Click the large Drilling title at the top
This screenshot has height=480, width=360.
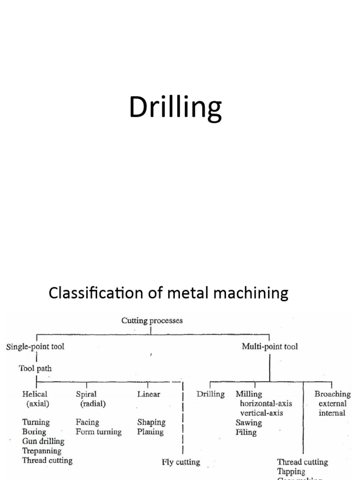(175, 108)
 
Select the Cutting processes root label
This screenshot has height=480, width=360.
(152, 321)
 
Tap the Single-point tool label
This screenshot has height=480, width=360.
(35, 347)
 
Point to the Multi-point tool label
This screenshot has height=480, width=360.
(269, 347)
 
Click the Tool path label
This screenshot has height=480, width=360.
(35, 368)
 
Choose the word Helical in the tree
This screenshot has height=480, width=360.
(34, 394)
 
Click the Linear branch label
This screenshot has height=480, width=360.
(148, 394)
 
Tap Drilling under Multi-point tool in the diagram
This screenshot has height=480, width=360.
(210, 394)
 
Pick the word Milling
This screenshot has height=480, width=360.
(249, 394)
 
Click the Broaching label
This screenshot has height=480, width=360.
(332, 394)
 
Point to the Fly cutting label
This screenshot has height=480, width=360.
(180, 462)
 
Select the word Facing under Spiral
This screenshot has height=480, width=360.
(87, 422)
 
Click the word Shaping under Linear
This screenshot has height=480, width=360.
(150, 422)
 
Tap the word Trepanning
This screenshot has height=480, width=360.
(42, 451)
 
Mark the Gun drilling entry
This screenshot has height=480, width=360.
(43, 442)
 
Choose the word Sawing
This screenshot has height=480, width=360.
(248, 423)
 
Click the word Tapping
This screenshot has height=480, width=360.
(291, 472)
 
